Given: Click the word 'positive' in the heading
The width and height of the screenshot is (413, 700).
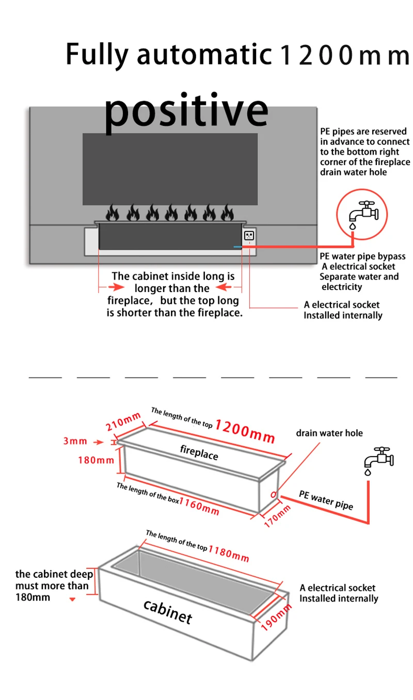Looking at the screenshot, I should tap(186, 111).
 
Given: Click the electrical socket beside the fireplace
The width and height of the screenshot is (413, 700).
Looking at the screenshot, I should tap(249, 236).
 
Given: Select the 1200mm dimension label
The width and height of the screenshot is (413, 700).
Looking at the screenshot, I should tap(245, 431).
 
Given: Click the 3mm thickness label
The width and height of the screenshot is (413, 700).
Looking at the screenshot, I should tap(75, 442).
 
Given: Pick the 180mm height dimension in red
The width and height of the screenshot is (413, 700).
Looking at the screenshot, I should tap(96, 460).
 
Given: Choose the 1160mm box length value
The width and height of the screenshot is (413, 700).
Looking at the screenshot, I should tap(199, 506).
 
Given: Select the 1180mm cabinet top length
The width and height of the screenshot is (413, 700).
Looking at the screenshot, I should tap(228, 552).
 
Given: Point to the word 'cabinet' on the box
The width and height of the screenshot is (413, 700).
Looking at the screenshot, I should tap(167, 611).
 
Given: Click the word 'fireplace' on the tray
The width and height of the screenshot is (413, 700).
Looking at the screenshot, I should tap(199, 452).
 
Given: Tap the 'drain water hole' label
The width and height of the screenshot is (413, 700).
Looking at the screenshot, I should tap(329, 433).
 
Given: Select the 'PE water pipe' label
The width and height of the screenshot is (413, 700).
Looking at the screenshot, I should tap(326, 500).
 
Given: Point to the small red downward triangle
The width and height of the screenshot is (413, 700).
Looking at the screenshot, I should tap(72, 599).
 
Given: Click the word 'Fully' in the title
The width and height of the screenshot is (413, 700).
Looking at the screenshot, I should tap(98, 54).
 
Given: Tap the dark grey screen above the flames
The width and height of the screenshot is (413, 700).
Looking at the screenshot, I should tap(170, 169).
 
